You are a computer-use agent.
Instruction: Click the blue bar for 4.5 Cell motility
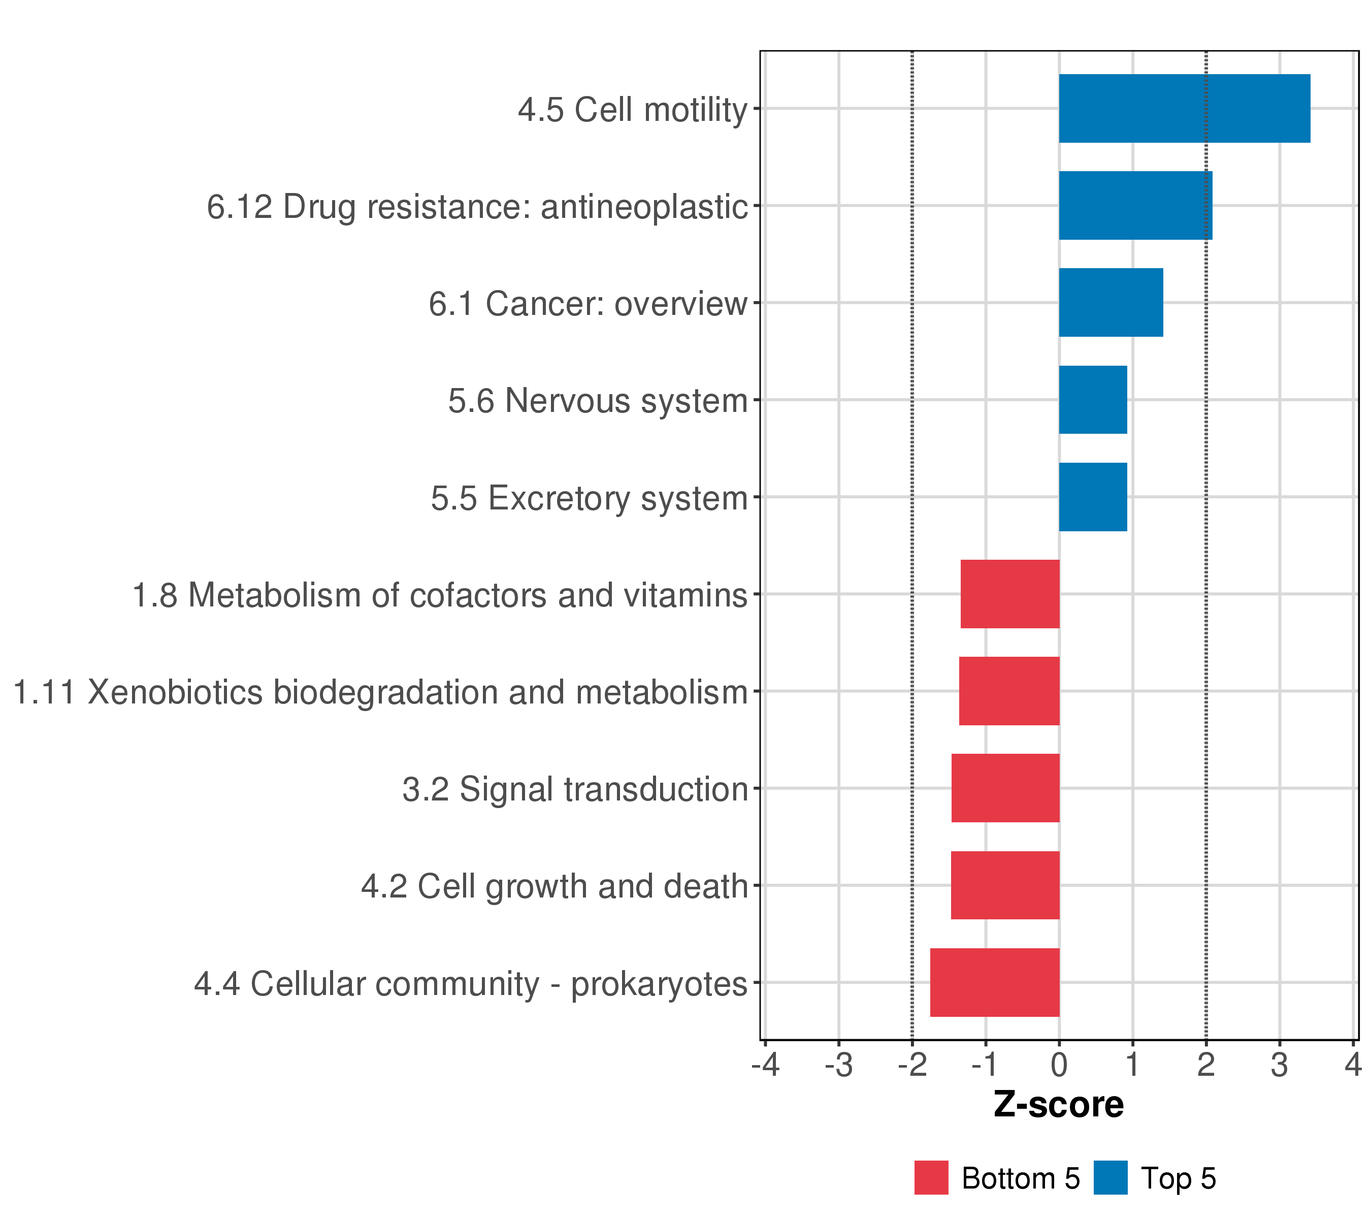tap(1184, 109)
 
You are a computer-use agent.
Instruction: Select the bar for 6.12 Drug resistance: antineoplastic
tap(1135, 205)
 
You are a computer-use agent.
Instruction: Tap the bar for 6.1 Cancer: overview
tap(1111, 303)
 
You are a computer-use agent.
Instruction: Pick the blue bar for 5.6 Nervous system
tap(1093, 400)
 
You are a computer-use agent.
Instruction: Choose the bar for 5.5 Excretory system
tap(1093, 497)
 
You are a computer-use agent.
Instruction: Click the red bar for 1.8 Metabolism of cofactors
tap(1009, 594)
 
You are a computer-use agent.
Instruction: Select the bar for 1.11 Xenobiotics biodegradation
tap(1009, 691)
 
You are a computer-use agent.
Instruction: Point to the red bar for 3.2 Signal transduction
tap(1005, 788)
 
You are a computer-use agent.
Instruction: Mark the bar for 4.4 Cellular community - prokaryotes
tap(995, 982)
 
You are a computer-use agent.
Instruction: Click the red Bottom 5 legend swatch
tap(931, 1178)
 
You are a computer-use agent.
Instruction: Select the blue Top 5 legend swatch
tap(1110, 1178)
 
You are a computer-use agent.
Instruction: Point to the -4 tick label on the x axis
tap(765, 1066)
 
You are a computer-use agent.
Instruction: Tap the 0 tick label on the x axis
tap(1059, 1066)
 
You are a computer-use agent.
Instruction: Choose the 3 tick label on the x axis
tap(1279, 1066)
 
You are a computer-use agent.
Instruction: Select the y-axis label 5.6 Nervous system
tap(597, 401)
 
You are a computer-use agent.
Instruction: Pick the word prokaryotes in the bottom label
tap(659, 985)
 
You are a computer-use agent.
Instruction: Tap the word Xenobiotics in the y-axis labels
tap(174, 692)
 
